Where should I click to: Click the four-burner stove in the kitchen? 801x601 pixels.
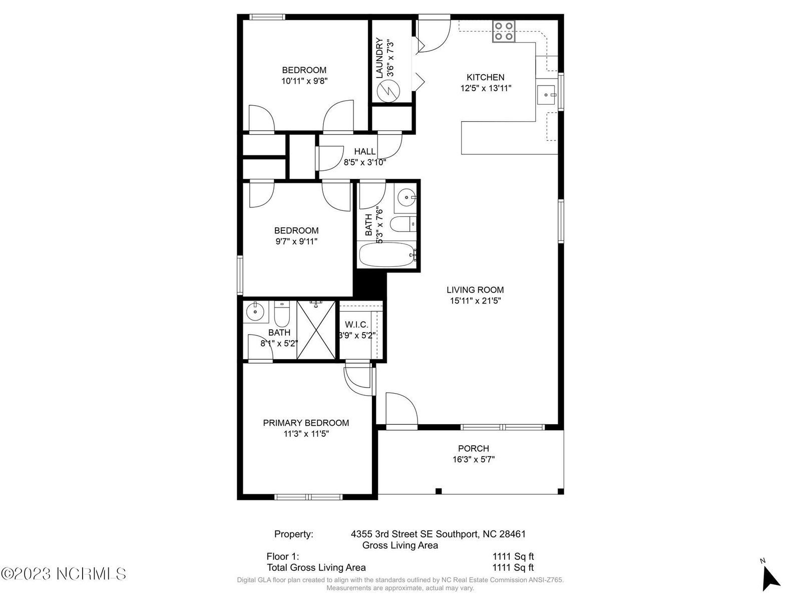pyautogui.click(x=504, y=31)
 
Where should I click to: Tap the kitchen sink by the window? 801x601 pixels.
pyautogui.click(x=546, y=95)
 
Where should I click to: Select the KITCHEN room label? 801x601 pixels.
pyautogui.click(x=485, y=77)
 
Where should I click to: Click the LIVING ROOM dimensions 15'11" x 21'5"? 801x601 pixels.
pyautogui.click(x=475, y=300)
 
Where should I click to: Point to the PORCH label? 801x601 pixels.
pyautogui.click(x=473, y=448)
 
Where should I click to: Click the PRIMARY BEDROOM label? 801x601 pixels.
pyautogui.click(x=306, y=423)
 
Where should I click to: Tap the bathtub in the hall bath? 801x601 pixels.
pyautogui.click(x=387, y=255)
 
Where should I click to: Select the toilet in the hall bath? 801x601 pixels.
pyautogui.click(x=403, y=224)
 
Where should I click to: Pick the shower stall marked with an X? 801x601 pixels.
pyautogui.click(x=316, y=330)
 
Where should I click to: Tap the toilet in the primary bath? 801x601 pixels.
pyautogui.click(x=282, y=314)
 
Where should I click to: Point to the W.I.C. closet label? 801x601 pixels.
pyautogui.click(x=356, y=325)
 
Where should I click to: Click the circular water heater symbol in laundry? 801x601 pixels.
pyautogui.click(x=388, y=91)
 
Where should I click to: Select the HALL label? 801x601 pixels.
pyautogui.click(x=364, y=151)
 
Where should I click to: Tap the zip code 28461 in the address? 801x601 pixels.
pyautogui.click(x=512, y=534)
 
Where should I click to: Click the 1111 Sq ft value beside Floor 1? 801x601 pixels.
pyautogui.click(x=513, y=556)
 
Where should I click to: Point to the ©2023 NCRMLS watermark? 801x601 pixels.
pyautogui.click(x=64, y=574)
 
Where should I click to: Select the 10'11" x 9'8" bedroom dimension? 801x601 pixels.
pyautogui.click(x=304, y=81)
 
